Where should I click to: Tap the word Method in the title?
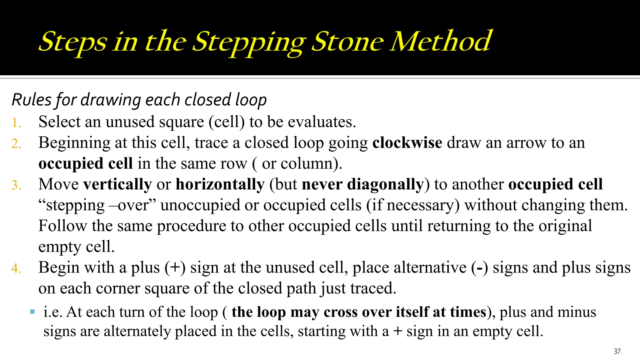click(441, 41)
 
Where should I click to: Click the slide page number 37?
click(617, 351)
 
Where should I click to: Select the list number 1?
click(16, 123)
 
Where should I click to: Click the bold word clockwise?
click(407, 143)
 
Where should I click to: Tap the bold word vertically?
click(117, 184)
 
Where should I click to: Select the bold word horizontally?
click(220, 184)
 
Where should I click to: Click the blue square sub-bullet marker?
click(32, 312)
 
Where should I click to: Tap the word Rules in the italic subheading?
click(31, 100)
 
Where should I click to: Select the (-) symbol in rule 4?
click(479, 268)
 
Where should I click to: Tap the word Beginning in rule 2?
click(74, 143)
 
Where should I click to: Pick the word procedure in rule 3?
click(191, 226)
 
